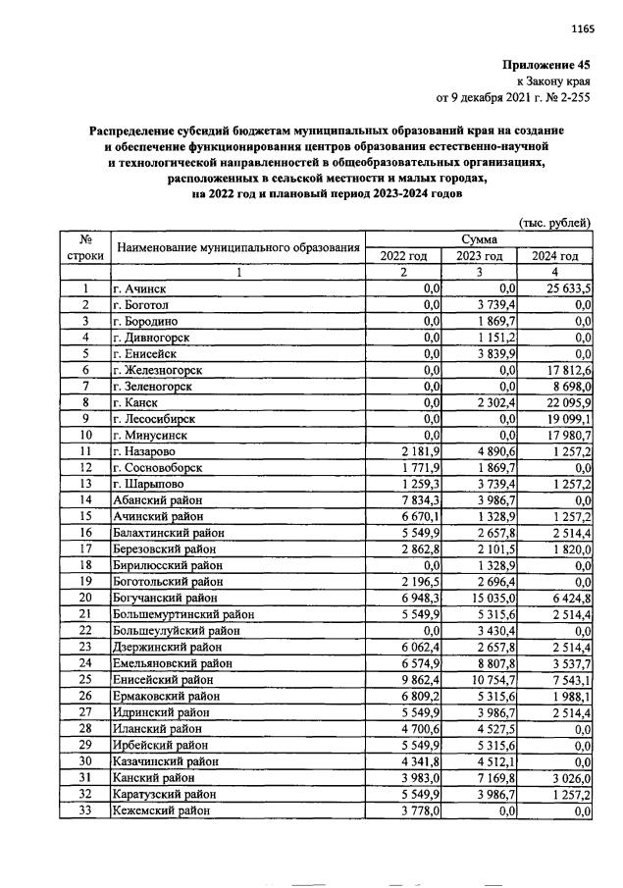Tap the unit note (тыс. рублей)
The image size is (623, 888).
point(555,223)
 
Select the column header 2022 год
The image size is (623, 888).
point(403,256)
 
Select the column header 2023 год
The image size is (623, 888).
point(479,256)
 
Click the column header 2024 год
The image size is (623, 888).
point(554,256)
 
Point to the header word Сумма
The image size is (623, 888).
point(479,239)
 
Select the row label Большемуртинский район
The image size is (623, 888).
point(183,614)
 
